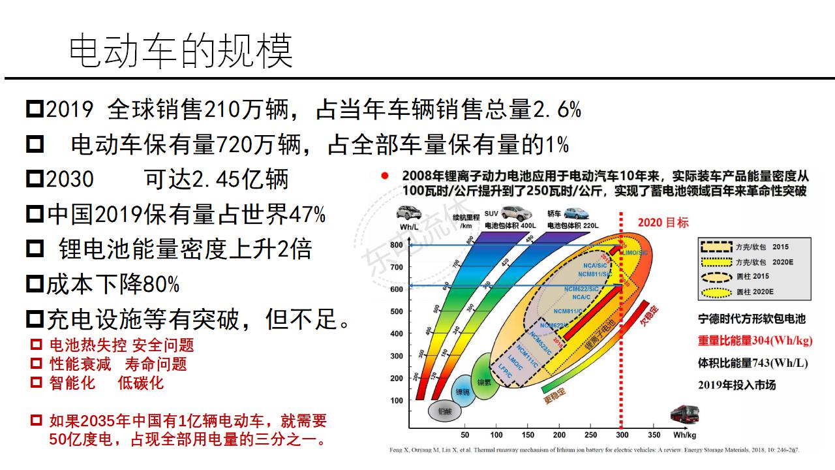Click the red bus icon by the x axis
[x=685, y=415]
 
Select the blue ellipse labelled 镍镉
[x=463, y=390]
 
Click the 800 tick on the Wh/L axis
[x=396, y=245]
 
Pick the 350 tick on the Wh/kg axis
[x=653, y=435]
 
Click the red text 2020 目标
[x=663, y=223]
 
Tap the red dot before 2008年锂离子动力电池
[x=385, y=176]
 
